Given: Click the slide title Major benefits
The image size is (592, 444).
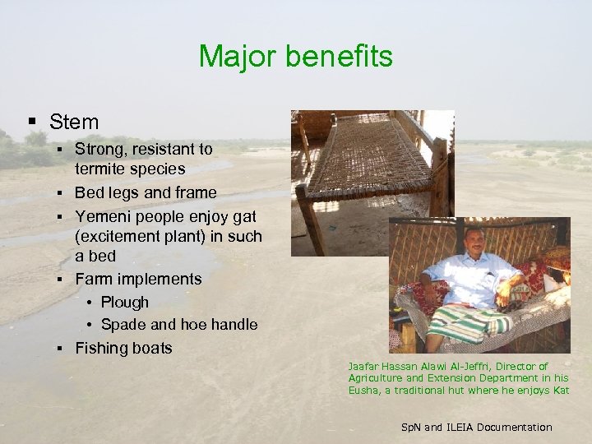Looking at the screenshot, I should click(296, 57).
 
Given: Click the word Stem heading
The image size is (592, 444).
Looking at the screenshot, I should click(74, 123).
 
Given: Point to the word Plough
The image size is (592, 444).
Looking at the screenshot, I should click(125, 302).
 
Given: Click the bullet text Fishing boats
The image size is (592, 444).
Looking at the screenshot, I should click(123, 348).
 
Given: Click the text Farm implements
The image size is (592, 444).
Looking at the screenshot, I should click(138, 279).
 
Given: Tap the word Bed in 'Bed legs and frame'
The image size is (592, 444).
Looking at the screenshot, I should click(89, 192).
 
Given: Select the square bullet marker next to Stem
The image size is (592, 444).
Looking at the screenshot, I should click(32, 123).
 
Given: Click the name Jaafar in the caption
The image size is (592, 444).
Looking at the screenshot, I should click(365, 367).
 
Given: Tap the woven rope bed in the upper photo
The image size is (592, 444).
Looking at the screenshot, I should click(370, 152).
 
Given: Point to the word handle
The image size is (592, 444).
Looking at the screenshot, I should click(233, 325).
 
